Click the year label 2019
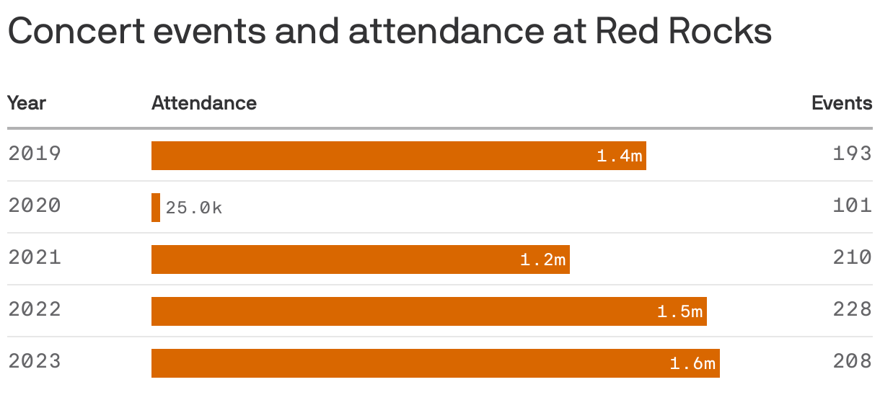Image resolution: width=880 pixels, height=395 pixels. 35,154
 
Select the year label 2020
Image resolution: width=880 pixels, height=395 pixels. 35,206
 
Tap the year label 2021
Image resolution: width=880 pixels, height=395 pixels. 35,258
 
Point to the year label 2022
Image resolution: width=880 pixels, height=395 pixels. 35,310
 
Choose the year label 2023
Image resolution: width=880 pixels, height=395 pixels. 35,362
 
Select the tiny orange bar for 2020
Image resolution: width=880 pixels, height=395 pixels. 156,208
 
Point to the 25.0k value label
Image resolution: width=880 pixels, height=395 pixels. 194,208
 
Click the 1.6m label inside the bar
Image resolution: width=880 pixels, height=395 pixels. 692,364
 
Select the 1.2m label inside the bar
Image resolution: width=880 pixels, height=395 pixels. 543,259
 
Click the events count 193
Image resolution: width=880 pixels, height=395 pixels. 852,154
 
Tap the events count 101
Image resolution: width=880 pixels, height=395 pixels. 852,206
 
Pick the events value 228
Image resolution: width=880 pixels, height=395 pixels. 852,310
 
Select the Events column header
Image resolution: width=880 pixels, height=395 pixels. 842,103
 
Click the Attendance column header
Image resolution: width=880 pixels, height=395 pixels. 204,103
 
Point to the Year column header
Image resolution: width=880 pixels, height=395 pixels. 27,103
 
